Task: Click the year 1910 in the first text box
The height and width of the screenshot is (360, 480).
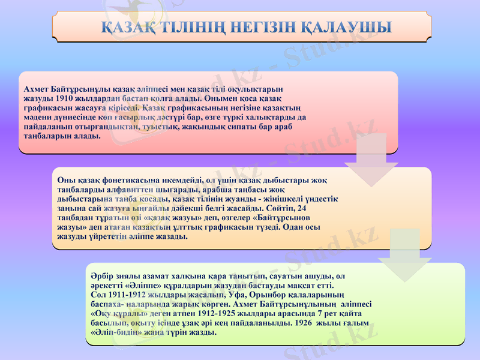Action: coord(64,98)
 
